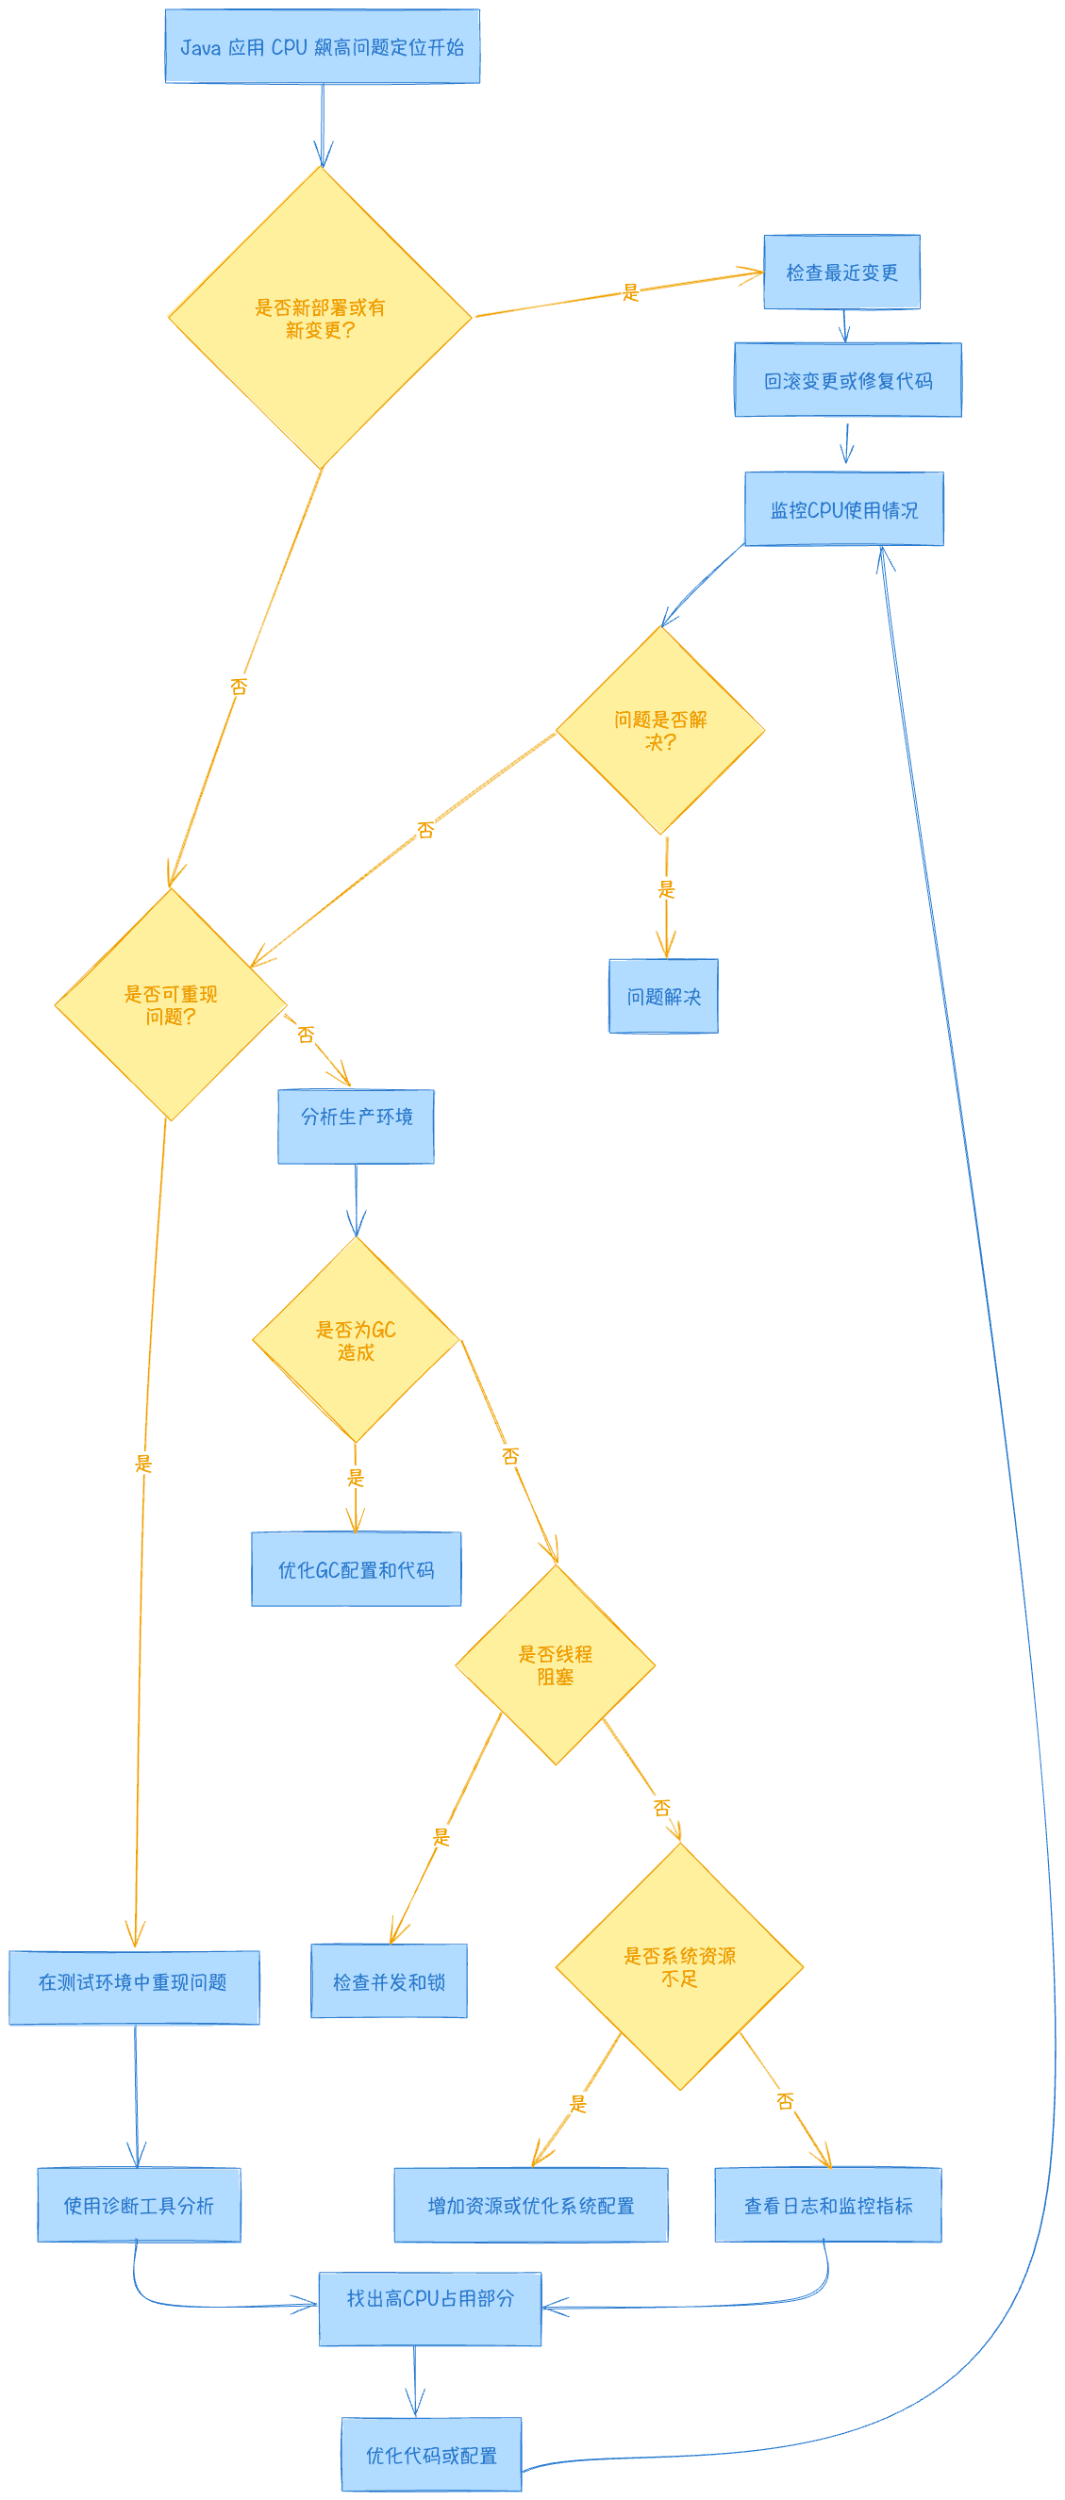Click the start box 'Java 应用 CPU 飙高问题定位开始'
[x=322, y=46]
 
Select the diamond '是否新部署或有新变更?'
[x=321, y=318]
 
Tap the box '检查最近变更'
[x=840, y=273]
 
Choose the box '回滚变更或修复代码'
[x=847, y=380]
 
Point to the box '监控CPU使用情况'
[x=843, y=509]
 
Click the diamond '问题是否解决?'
[x=660, y=730]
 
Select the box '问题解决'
[x=663, y=997]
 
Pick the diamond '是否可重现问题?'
[x=171, y=1004]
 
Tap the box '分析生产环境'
[x=357, y=1127]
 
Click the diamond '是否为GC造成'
[x=356, y=1340]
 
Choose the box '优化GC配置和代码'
[x=357, y=1569]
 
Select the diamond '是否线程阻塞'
[x=556, y=1665]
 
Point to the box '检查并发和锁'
[x=389, y=1981]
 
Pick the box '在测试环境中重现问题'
[x=134, y=1981]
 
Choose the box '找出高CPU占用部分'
[x=430, y=2309]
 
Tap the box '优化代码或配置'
[x=431, y=2455]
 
